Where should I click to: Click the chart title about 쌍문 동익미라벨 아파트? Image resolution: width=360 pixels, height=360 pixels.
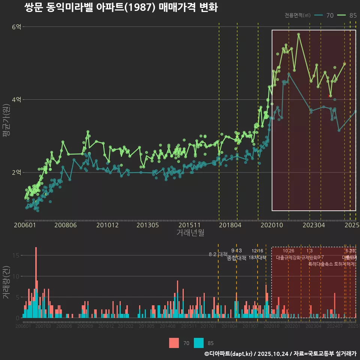click(x=121, y=7)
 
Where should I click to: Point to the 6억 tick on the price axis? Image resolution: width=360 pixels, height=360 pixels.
click(x=16, y=27)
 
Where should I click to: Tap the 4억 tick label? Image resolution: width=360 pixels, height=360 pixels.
click(x=16, y=100)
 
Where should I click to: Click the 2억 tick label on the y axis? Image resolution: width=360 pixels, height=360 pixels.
click(x=16, y=172)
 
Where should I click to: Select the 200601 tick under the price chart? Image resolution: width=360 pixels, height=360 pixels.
click(x=25, y=225)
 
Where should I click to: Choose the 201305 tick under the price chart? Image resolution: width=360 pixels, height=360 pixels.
click(x=147, y=225)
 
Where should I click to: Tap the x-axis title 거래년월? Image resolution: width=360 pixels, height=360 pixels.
click(x=190, y=233)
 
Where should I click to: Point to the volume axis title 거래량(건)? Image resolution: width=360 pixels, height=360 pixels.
click(x=6, y=282)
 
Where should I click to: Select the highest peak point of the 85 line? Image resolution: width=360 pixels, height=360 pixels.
click(x=298, y=34)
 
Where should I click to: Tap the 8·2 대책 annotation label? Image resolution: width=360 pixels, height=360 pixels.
click(x=218, y=254)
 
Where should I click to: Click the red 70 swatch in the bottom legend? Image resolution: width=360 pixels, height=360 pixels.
click(x=174, y=343)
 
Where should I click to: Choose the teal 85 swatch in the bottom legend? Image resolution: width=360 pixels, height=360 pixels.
click(x=199, y=343)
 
